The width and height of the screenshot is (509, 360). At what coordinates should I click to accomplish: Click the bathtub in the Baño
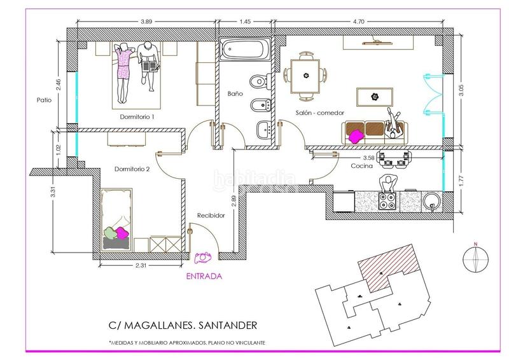245,50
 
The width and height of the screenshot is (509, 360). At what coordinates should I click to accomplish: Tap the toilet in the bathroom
261,81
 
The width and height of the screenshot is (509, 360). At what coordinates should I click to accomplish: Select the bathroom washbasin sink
264,130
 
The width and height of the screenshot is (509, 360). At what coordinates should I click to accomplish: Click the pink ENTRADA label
204,276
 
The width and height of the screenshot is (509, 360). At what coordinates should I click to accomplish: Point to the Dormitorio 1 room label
137,116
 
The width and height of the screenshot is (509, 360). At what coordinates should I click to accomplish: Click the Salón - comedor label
319,113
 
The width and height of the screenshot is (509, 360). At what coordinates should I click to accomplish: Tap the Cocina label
361,166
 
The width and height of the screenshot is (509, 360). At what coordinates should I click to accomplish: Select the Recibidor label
211,215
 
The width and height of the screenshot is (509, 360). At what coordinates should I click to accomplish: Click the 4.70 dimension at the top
358,22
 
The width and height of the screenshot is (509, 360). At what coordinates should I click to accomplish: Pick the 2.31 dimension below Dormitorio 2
141,265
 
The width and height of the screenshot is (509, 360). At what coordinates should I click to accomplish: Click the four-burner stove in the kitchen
387,201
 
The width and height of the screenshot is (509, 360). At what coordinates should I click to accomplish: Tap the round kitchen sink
432,202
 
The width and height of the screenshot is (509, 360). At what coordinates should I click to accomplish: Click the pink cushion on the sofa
356,136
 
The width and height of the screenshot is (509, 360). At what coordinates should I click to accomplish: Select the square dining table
305,76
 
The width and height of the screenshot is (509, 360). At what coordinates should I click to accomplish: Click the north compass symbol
475,259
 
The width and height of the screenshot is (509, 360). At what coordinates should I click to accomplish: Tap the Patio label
44,100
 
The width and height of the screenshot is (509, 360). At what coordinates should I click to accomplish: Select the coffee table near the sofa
375,97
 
